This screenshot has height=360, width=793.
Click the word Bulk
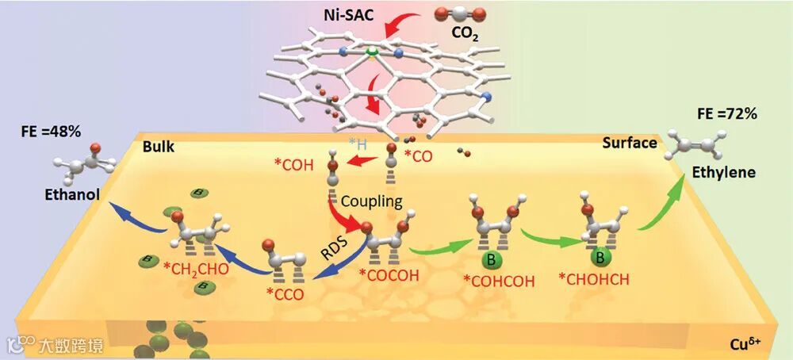[x=159, y=147]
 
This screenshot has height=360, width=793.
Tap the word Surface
[x=629, y=143]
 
